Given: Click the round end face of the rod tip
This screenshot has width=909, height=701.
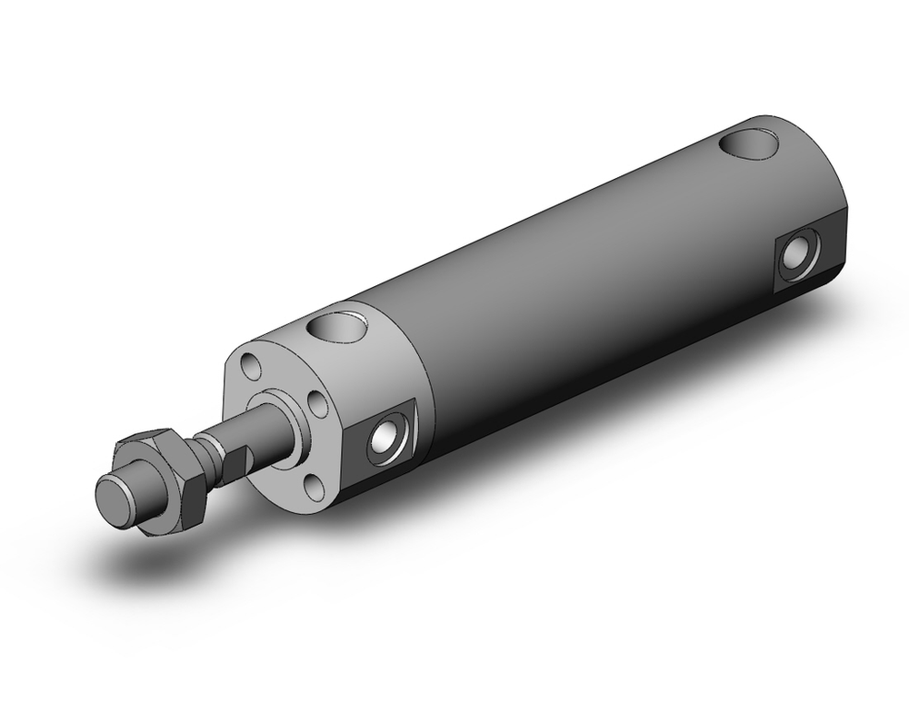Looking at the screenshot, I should coord(115,500).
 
